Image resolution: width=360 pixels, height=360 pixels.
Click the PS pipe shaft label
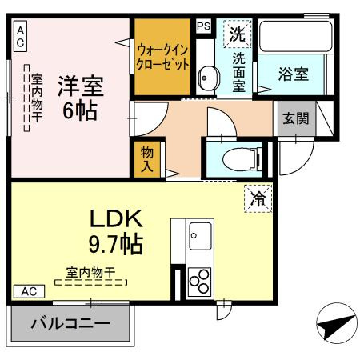point(203,26)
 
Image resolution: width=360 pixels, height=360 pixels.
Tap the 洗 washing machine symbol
point(237,34)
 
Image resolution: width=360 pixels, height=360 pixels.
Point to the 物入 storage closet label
point(148,159)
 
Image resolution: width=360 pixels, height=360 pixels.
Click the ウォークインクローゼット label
point(162,54)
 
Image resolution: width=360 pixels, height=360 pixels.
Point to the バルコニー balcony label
point(70,325)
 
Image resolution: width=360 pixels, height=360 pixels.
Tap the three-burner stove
point(198,280)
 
